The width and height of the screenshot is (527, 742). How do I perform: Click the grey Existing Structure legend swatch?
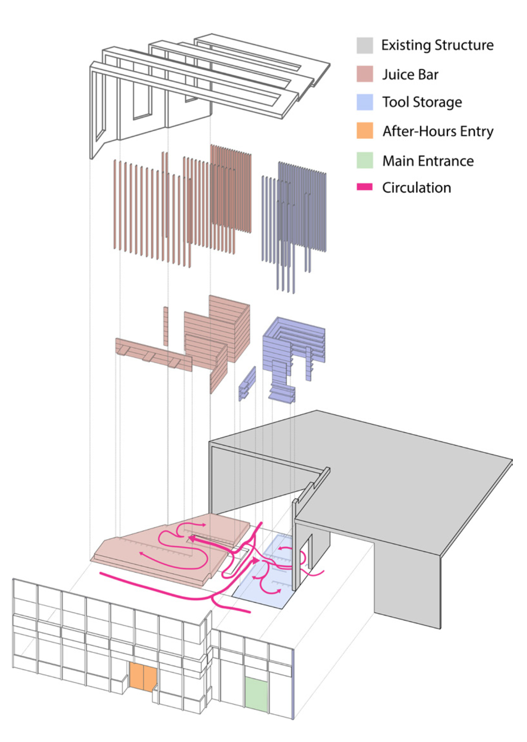(365, 45)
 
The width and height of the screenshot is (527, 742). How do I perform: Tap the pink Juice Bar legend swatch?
(365, 74)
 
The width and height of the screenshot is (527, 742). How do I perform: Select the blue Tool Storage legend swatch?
(365, 102)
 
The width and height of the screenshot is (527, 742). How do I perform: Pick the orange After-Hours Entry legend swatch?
(365, 130)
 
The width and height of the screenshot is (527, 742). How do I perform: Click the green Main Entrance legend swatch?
(365, 160)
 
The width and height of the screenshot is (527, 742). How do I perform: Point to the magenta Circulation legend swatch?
(365, 187)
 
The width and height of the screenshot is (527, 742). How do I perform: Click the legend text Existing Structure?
(437, 45)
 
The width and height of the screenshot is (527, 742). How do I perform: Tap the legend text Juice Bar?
(410, 75)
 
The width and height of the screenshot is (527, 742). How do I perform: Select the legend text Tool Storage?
(422, 102)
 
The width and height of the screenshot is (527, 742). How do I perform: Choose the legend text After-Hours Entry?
(438, 131)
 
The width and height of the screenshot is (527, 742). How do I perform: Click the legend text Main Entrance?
(428, 161)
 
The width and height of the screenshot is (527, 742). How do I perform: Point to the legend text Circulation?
(416, 187)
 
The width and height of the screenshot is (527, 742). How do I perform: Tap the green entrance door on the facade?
(256, 695)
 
